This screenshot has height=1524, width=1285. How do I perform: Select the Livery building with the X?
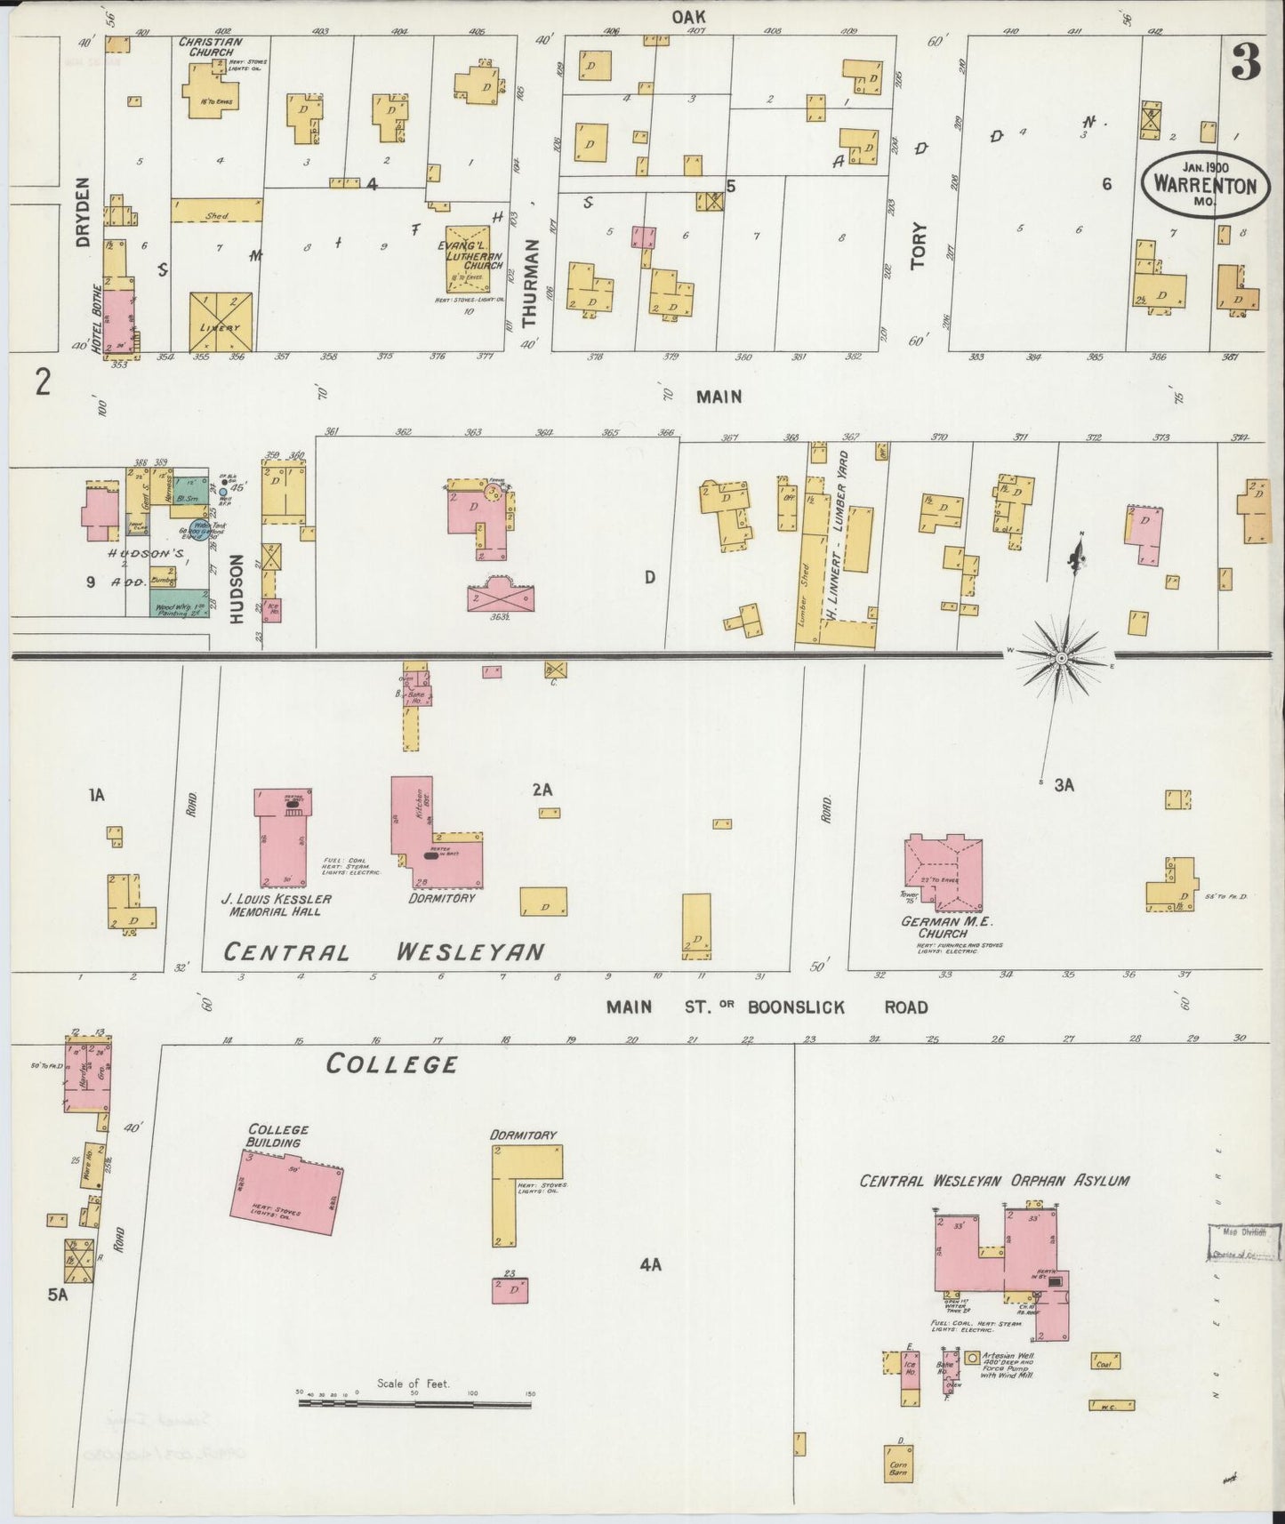point(221,322)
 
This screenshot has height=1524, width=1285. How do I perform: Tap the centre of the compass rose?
point(1061,658)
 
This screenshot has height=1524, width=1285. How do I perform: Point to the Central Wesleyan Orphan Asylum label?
point(993,1181)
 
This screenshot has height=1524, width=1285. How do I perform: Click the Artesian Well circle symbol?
point(972,1359)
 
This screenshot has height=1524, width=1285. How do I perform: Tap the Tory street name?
point(918,245)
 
